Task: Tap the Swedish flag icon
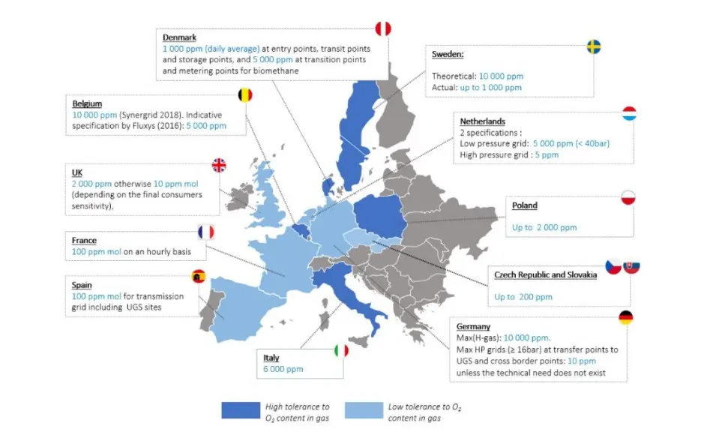pos(594,46)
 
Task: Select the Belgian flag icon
pos(245,95)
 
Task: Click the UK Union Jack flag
pos(219,165)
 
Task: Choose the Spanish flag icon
pos(199,276)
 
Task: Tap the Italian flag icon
pos(341,350)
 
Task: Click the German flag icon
pos(625,317)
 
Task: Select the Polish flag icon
pos(628,198)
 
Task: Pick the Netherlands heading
pos(482,121)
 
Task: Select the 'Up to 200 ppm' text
pos(523,297)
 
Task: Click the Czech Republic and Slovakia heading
pos(545,275)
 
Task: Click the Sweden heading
pos(448,54)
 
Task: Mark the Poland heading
pos(524,205)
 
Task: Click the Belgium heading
pos(87,103)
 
